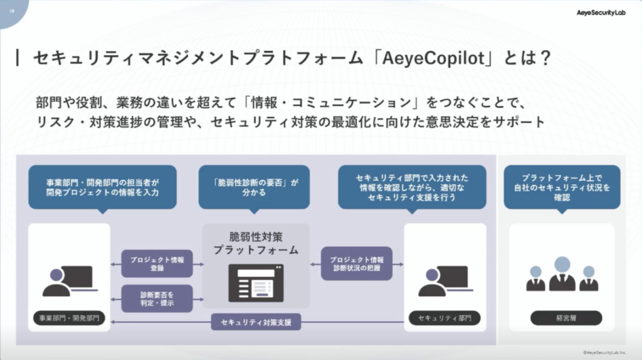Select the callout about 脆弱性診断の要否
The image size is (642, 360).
pos(254,187)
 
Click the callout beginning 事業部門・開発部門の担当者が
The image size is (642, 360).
pos(102,187)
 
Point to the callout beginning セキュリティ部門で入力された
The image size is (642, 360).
pos(412,187)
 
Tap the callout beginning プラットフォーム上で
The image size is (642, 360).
pos(562,187)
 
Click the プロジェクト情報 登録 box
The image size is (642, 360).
pos(157,263)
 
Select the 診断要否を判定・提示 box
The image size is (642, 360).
pos(157,298)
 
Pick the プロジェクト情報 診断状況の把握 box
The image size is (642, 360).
pos(356,263)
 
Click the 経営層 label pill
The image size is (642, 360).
pos(562,318)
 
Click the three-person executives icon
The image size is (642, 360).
pos(562,275)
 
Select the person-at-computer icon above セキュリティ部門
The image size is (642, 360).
pos(443,280)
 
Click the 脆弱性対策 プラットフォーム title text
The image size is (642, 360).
pos(256,243)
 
